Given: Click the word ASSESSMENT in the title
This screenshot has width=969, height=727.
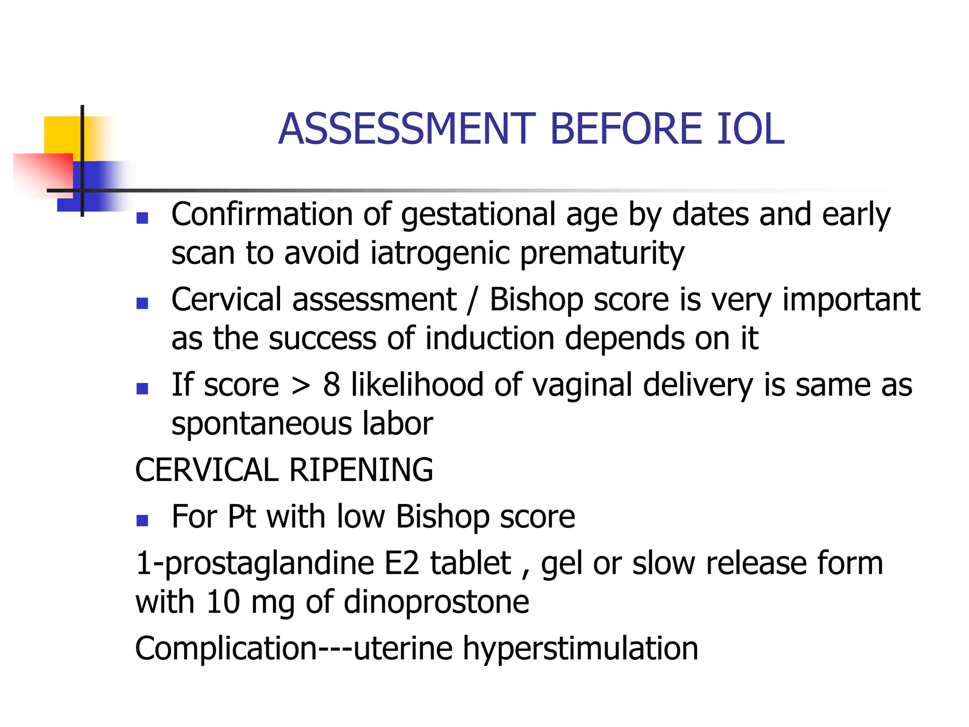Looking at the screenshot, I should (x=407, y=129).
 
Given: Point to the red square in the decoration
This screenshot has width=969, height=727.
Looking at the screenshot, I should (x=43, y=173).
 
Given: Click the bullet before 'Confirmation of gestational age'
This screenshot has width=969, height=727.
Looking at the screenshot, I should (x=142, y=218).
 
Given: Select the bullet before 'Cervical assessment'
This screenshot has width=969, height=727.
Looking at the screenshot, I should (x=142, y=303).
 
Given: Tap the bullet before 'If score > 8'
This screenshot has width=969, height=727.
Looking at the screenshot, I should (x=142, y=388).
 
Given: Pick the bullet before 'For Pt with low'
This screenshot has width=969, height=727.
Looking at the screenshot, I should (x=142, y=520).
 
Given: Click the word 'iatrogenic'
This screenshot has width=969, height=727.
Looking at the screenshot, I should (x=440, y=254).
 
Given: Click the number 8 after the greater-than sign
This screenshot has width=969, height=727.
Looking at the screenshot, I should (x=331, y=385).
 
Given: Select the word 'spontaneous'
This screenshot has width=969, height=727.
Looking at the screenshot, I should (x=261, y=424).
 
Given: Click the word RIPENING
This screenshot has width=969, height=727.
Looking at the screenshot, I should (x=361, y=470).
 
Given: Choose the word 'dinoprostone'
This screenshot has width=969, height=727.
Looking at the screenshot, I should (x=436, y=603).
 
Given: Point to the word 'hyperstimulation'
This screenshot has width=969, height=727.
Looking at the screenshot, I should (x=580, y=648).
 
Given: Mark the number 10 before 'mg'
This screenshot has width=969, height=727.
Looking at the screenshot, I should (x=223, y=603).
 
